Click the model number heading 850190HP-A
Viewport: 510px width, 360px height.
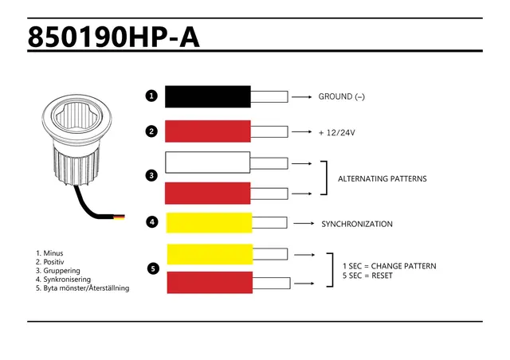click(113, 37)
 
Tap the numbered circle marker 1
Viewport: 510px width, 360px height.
click(151, 96)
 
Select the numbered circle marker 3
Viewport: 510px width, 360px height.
click(151, 175)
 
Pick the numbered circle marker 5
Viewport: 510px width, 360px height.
click(153, 268)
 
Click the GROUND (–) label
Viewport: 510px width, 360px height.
click(342, 96)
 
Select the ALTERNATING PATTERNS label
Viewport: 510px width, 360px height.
click(382, 179)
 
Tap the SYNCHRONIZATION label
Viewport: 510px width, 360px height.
click(357, 224)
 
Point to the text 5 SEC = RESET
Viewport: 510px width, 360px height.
click(367, 276)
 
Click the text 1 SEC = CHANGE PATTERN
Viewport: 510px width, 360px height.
click(390, 266)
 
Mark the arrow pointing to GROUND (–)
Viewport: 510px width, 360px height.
click(302, 97)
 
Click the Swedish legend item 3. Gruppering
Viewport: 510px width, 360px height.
click(58, 271)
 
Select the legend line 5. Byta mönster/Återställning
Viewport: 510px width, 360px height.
click(83, 288)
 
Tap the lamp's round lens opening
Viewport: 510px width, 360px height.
click(76, 116)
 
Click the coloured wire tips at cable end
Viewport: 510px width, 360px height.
click(119, 217)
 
